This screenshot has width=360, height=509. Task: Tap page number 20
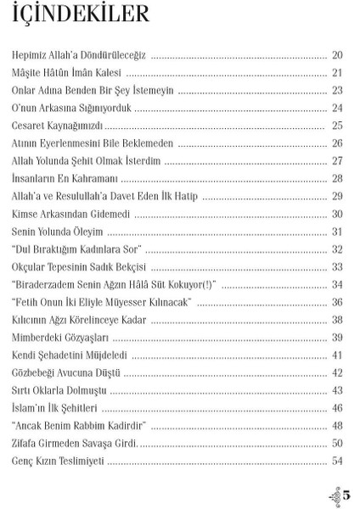pos(337,55)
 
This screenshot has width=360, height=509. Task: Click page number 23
pos(337,90)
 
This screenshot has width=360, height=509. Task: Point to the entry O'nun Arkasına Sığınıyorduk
pos(73,108)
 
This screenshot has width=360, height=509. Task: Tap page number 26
pos(337,143)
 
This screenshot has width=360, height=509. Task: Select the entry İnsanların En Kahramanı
pos(64,178)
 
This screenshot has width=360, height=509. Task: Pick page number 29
pos(337,196)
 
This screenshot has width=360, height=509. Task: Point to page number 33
pos(337,266)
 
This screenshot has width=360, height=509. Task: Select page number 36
pos(337,302)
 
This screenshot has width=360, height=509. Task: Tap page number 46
pos(337,408)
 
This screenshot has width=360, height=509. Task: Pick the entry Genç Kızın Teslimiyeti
pos(58,461)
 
